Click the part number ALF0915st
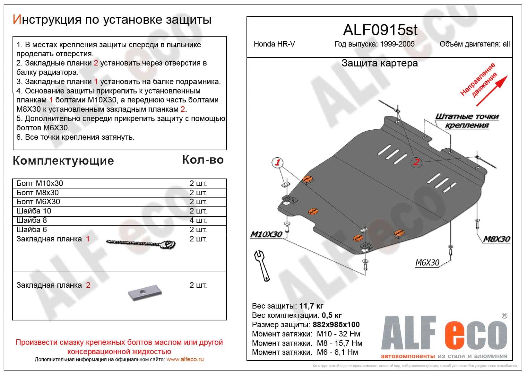point(380,30)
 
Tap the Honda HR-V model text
point(274,44)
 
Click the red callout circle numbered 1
point(277,162)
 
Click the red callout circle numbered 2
point(416,162)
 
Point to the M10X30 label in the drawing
point(266,234)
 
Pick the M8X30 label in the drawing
point(497,239)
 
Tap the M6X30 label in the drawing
point(427,263)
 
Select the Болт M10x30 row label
point(40,183)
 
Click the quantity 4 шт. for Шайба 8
point(198,220)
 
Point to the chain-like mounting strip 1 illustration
point(141,244)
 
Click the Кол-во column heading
point(203,160)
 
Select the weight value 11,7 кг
point(311,306)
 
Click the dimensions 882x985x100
point(336,325)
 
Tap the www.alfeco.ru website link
point(185,360)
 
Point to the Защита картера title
point(379,63)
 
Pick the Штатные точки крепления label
point(467,121)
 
